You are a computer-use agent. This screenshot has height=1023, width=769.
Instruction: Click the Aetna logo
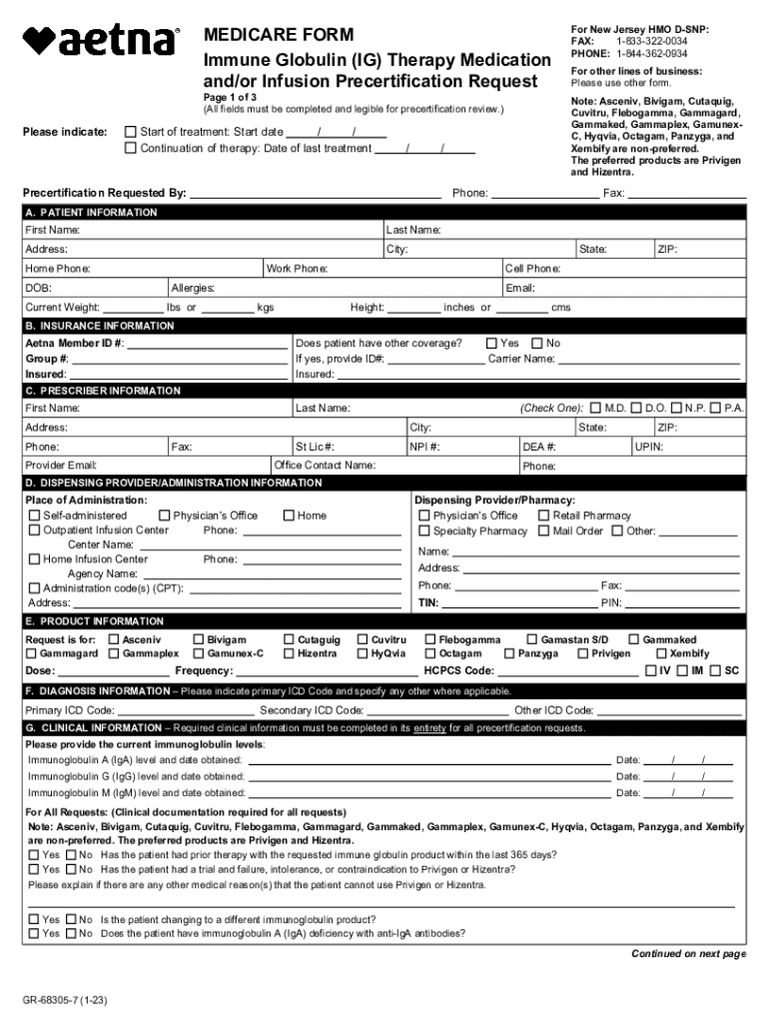tap(100, 41)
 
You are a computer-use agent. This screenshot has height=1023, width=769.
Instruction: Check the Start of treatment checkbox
tap(130, 132)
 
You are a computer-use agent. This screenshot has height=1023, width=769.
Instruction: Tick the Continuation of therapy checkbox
tap(130, 149)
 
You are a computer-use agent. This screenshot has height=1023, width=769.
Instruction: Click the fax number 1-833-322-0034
tap(651, 42)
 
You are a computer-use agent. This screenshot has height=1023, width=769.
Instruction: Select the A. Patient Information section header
tap(91, 213)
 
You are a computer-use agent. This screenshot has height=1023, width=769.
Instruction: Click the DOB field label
tap(39, 288)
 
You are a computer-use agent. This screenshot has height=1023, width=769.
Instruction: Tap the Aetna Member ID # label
tap(75, 343)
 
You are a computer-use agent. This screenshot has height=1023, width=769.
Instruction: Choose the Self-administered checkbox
tap(34, 515)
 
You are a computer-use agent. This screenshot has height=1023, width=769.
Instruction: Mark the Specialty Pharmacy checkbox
tap(424, 531)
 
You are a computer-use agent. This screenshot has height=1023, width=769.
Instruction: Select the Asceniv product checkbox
tap(113, 639)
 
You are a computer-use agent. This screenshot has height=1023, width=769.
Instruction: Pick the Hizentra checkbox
tap(289, 653)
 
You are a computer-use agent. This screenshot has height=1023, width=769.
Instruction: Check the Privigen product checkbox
tap(582, 653)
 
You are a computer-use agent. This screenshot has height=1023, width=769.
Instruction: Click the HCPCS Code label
tap(458, 670)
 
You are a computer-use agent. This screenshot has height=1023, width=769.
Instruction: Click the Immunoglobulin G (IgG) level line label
tap(136, 776)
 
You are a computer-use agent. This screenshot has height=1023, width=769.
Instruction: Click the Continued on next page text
tap(688, 954)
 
